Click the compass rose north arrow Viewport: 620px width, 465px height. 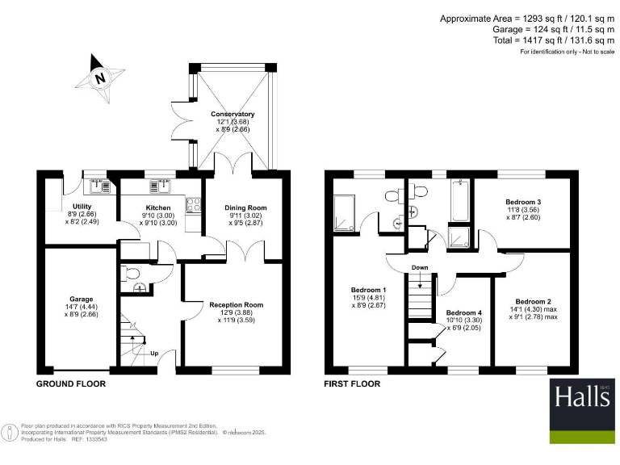click(x=100, y=77)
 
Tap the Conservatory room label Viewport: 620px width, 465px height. click(x=232, y=115)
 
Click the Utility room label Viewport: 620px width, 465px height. click(x=82, y=207)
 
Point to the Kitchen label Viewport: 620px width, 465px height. click(x=157, y=207)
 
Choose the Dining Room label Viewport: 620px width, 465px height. click(x=245, y=207)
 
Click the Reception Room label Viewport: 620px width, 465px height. click(x=237, y=304)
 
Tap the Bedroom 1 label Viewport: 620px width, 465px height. click(x=368, y=290)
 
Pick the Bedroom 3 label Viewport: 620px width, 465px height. click(x=524, y=202)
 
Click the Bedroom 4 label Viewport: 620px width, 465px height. click(x=464, y=312)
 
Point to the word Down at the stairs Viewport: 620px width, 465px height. click(x=420, y=267)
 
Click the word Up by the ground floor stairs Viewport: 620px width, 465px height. click(x=153, y=353)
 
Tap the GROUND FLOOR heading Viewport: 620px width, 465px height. click(x=70, y=384)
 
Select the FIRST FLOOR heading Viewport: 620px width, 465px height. click(x=352, y=384)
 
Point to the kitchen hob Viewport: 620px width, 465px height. click(x=194, y=205)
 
